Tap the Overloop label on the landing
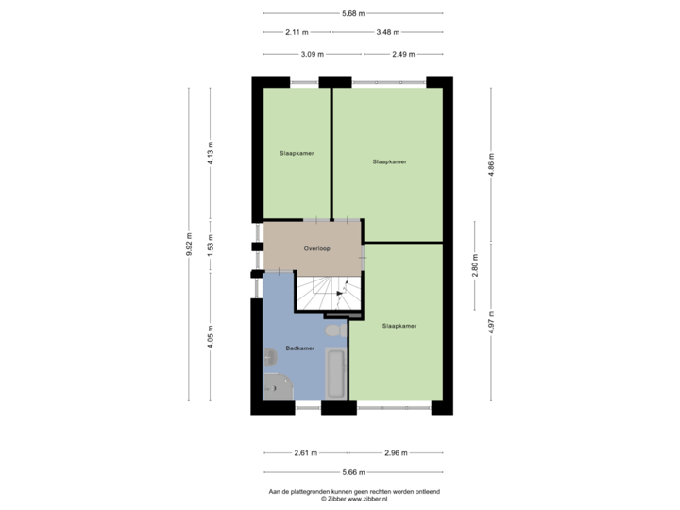coord(316,248)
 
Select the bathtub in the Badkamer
coord(334,375)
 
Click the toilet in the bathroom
coord(332,332)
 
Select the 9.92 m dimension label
coord(189,243)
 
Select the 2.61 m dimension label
coord(305,453)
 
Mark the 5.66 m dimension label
coord(352,472)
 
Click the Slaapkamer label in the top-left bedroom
coord(297,152)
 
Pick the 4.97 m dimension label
coord(491,318)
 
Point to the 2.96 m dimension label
coord(395,453)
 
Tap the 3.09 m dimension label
coord(312,54)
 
